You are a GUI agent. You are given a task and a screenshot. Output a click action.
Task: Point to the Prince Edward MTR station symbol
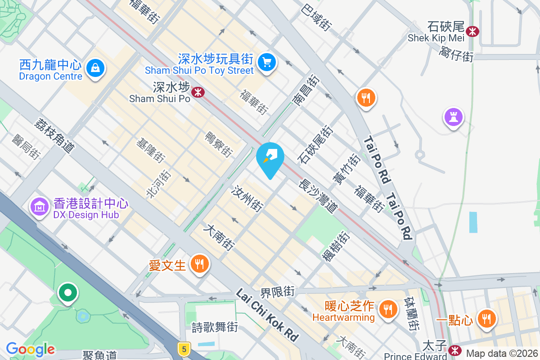454,349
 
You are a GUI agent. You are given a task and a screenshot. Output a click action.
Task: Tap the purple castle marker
453,117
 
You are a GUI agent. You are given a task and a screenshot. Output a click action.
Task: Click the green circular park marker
68,293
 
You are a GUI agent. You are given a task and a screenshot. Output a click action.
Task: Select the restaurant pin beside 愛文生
198,263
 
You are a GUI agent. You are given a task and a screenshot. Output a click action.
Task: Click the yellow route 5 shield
183,348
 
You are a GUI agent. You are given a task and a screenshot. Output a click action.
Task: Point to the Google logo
30,349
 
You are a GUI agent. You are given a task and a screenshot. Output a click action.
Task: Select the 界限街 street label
278,292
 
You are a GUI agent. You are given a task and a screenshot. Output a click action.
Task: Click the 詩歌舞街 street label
215,327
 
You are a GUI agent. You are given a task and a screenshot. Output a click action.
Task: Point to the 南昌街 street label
306,90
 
